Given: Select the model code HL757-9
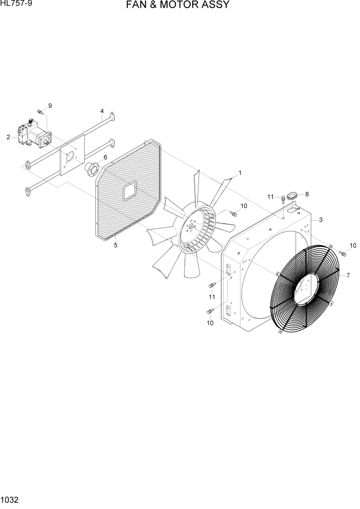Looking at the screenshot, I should click(15, 4).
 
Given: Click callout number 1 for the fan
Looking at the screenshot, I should click(239, 173).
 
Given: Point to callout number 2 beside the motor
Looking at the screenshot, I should click(8, 137).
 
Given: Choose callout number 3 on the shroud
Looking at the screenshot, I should click(320, 220).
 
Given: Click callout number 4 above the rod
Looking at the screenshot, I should click(102, 111).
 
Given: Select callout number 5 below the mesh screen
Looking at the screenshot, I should click(115, 245).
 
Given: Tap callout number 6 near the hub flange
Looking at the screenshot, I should click(105, 157).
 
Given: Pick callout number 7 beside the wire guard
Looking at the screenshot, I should click(348, 276).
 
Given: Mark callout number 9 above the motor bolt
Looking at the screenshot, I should click(50, 106).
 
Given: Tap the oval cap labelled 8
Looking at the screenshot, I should click(292, 195).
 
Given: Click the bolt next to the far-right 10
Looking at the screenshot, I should click(343, 252).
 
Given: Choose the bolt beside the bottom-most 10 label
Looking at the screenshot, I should click(209, 311).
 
